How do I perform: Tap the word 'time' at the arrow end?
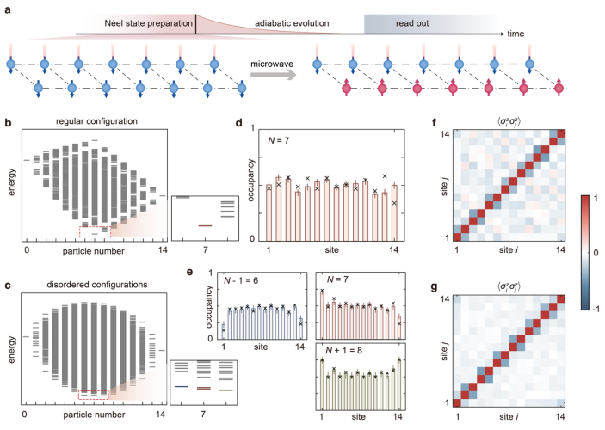coord(515,34)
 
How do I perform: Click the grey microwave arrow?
coord(272,76)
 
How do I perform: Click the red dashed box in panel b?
coord(94,230)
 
